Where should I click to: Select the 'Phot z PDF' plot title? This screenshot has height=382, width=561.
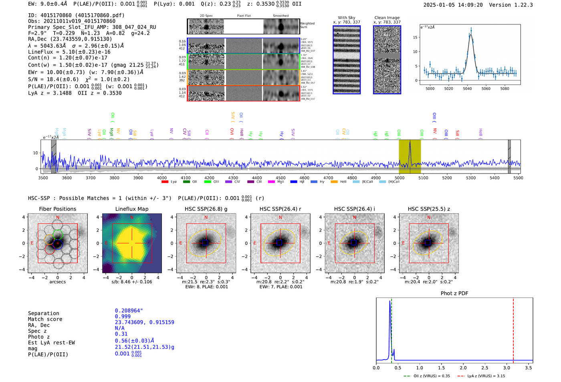454,293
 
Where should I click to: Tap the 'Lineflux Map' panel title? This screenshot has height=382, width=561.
132,209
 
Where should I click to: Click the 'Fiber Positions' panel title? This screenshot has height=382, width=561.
58,209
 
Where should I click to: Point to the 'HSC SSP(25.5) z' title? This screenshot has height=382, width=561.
429,209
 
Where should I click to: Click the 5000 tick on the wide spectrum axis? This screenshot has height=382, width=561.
400,178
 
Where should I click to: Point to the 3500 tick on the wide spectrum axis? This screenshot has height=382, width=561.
43,178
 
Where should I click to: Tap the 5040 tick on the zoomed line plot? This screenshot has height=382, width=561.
467,89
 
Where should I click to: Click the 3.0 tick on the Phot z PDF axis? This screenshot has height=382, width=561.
507,368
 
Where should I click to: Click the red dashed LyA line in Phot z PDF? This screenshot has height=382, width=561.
513,329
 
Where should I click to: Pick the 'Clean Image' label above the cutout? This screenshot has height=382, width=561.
387,18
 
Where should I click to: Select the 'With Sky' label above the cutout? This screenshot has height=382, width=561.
346,18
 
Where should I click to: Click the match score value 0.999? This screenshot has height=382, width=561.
123,316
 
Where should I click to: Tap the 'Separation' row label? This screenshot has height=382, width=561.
43,313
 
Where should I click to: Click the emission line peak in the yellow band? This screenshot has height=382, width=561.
410,142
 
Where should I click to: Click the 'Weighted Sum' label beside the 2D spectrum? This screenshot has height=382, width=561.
307,25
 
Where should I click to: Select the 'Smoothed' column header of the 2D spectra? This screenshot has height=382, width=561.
280,16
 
